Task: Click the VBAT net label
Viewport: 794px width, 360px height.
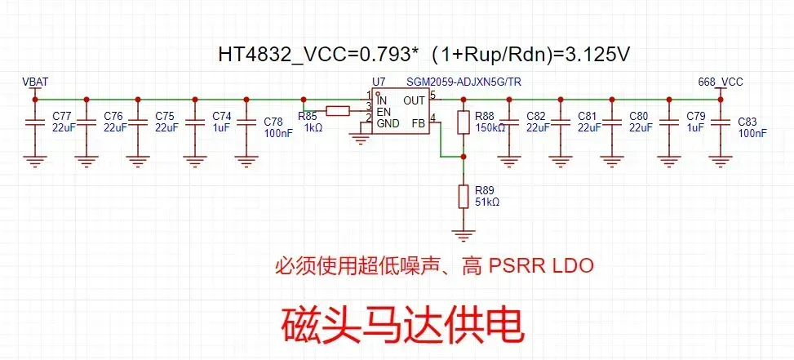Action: (35, 81)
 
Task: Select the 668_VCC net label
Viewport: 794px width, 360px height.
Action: (721, 82)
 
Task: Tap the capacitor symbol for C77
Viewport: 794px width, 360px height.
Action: (34, 122)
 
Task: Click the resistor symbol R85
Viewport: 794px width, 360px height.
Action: (337, 111)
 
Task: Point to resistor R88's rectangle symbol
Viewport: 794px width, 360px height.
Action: (463, 123)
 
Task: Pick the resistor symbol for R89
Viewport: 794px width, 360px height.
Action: (463, 197)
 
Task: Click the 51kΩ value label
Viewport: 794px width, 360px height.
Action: (487, 202)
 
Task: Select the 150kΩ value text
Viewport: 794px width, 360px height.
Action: (490, 128)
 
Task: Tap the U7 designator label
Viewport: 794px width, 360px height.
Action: (378, 82)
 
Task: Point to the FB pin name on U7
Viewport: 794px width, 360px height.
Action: (418, 123)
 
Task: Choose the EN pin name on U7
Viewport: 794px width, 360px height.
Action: (384, 111)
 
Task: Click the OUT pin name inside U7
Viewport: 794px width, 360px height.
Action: (414, 100)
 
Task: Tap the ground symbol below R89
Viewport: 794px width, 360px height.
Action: (463, 235)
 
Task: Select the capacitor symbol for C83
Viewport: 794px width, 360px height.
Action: (720, 122)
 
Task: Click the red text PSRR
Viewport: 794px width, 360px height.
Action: (515, 266)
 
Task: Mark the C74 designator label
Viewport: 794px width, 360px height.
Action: (222, 116)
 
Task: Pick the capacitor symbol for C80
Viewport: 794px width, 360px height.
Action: (612, 122)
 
